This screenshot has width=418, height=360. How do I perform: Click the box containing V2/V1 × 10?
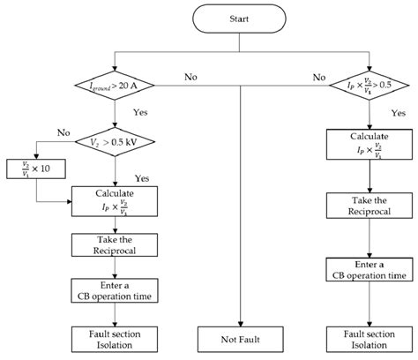coord(31,168)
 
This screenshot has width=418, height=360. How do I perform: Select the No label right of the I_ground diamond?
coord(191,78)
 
